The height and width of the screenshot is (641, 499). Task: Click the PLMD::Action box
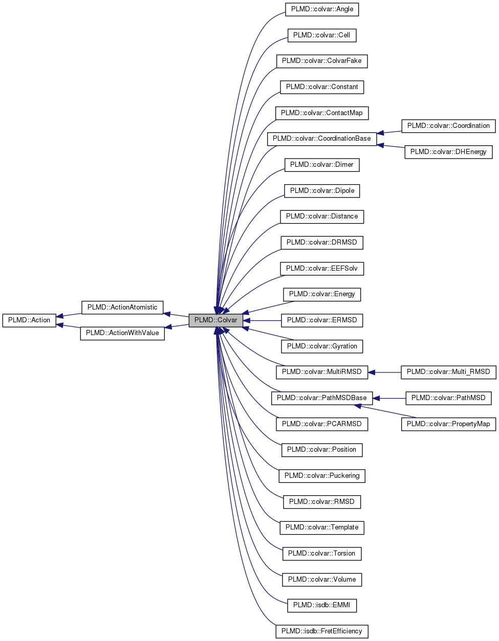point(29,320)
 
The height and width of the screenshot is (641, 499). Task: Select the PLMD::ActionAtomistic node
point(122,307)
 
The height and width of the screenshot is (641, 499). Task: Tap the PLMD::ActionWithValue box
point(122,333)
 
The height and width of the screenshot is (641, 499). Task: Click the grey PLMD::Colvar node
point(215,320)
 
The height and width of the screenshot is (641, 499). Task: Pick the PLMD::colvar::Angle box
point(322,9)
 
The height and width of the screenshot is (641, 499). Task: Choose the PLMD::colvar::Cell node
point(321,35)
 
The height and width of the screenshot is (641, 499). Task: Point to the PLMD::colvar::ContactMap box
point(321,113)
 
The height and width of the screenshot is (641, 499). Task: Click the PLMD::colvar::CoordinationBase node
point(321,139)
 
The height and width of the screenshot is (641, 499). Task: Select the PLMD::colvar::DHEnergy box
point(448,152)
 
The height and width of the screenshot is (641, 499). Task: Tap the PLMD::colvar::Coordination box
point(448,126)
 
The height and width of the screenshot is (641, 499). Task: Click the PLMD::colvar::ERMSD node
point(321,320)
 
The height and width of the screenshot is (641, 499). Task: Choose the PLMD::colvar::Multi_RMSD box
point(448,372)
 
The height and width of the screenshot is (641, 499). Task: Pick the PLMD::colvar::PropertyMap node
point(448,424)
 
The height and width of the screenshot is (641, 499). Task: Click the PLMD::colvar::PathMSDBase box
point(321,398)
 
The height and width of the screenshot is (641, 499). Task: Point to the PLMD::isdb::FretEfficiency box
point(321,631)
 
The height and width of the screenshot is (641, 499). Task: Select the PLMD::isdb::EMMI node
point(321,605)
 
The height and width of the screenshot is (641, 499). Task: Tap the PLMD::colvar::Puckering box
point(321,476)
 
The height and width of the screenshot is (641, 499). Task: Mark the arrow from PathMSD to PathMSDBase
point(389,398)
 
